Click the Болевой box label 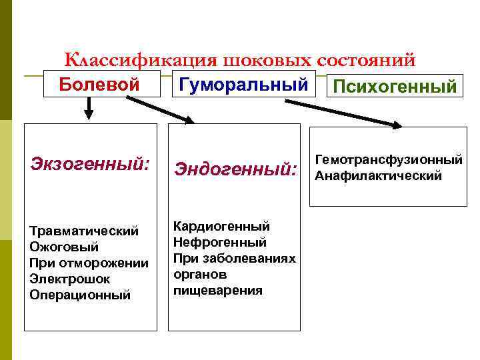(x=99, y=85)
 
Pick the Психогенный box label (x=395, y=87)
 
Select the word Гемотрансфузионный (x=389, y=160)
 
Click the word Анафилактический (x=378, y=176)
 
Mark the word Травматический (x=84, y=231)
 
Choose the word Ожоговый (x=64, y=247)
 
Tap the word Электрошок (x=70, y=279)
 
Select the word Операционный (x=80, y=295)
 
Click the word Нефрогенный (x=219, y=243)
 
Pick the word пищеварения (x=218, y=291)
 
